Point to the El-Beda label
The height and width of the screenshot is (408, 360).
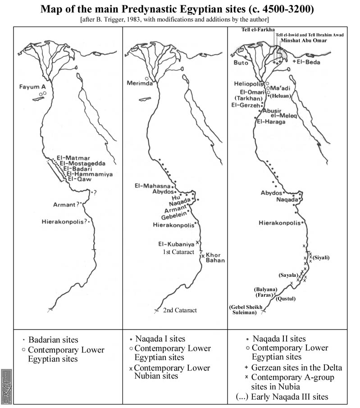307,61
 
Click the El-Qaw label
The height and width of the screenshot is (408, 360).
79,179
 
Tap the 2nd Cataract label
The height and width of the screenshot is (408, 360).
180,310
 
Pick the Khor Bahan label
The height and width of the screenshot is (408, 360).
215,257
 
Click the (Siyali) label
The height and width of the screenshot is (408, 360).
321,257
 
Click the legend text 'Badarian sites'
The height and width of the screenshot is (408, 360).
53,340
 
